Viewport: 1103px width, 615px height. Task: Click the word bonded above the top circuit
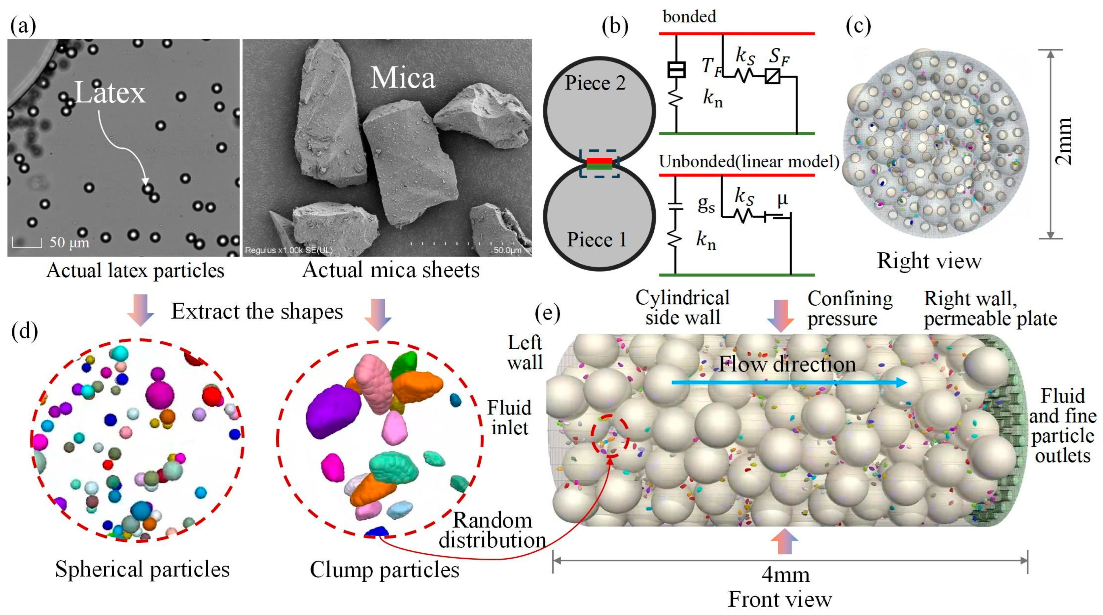tap(689, 17)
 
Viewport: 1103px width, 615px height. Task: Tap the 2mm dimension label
tap(1063, 141)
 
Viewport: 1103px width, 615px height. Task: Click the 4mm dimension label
tap(786, 575)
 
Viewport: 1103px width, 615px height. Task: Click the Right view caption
tap(929, 261)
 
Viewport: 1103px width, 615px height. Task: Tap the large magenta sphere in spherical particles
tap(160, 395)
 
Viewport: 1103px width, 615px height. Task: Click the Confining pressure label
tap(850, 309)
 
